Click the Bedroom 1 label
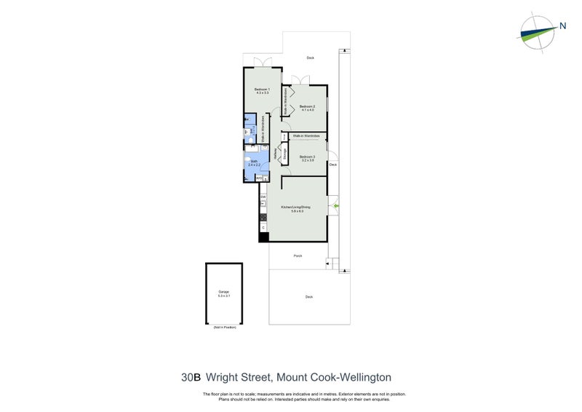263,91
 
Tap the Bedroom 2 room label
306,108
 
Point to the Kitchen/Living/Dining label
295,209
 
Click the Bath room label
253,163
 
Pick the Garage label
223,293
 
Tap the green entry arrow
335,208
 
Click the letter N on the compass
563,27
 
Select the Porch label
298,256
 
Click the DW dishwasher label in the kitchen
263,197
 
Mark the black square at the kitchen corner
263,237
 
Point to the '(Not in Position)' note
224,328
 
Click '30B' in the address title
192,377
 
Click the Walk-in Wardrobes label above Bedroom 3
306,135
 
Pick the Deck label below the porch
308,296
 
